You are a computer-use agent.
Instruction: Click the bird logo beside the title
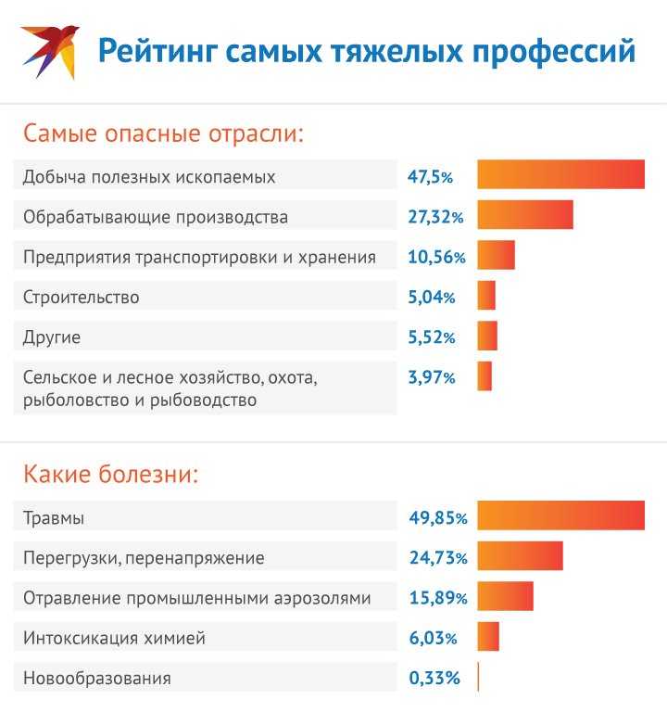(x=51, y=50)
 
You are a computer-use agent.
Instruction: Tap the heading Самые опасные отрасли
(x=164, y=133)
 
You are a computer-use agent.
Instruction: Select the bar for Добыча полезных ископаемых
(x=560, y=174)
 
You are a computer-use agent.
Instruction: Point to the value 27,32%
(x=434, y=218)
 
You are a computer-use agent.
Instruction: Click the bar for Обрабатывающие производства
(x=525, y=215)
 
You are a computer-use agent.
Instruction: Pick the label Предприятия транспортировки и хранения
(x=199, y=257)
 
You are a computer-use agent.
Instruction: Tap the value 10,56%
(x=435, y=258)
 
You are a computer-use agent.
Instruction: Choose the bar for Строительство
(x=486, y=296)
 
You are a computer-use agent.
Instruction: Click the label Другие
(x=52, y=337)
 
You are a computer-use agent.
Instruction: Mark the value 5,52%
(x=431, y=338)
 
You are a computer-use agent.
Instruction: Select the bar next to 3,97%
(x=485, y=376)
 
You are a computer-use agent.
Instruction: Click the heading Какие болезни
(x=111, y=476)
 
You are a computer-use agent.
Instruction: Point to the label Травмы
(x=54, y=518)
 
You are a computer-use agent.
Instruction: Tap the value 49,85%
(x=437, y=518)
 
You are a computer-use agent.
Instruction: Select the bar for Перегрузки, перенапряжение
(x=520, y=556)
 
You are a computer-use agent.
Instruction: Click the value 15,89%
(x=437, y=598)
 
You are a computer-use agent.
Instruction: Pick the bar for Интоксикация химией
(x=488, y=637)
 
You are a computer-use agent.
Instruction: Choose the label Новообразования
(x=97, y=678)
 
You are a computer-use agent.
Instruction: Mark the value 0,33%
(x=434, y=678)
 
